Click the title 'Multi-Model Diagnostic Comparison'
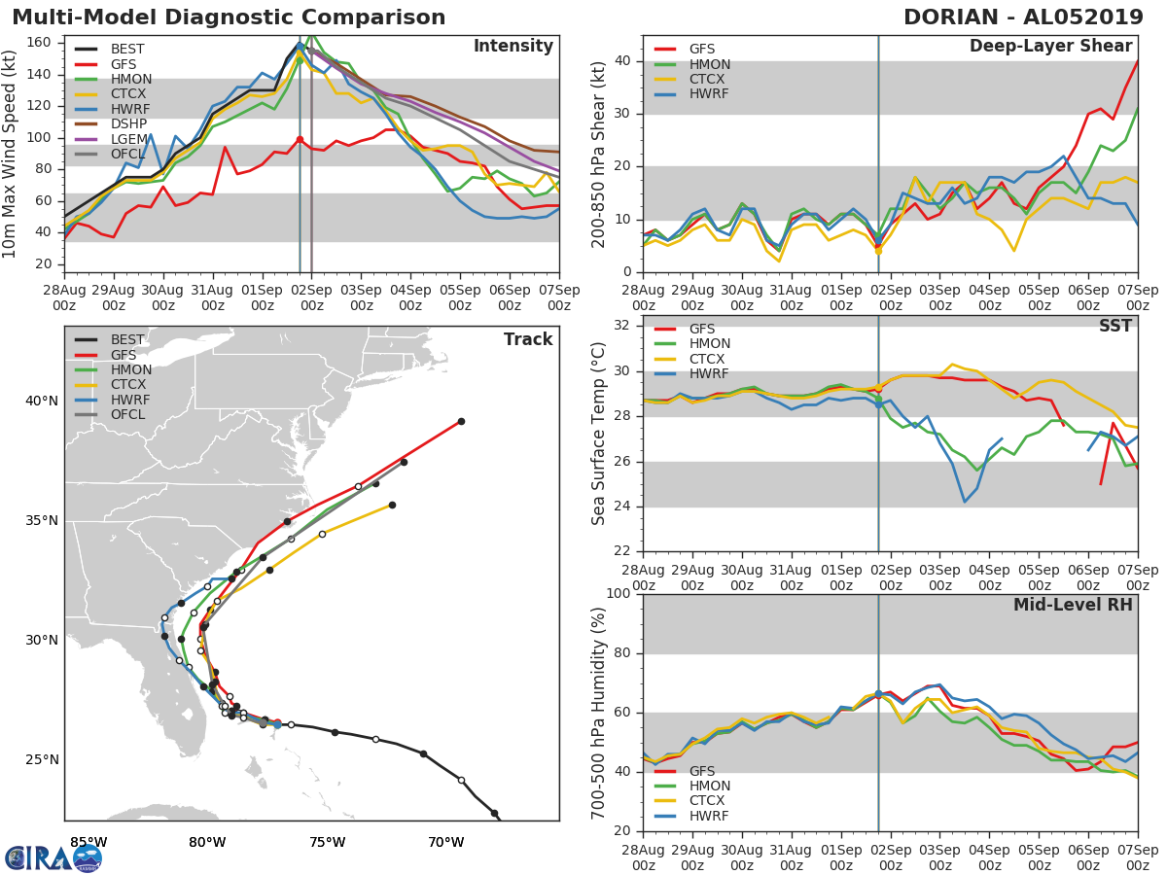[229, 17]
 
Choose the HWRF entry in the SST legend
[709, 374]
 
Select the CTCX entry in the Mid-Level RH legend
[709, 801]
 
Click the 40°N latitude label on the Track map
[42, 401]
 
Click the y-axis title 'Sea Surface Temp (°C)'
[598, 434]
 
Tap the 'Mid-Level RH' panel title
[1073, 605]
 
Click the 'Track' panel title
[528, 339]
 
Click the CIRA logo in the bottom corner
[53, 857]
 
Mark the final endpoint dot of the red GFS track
[461, 421]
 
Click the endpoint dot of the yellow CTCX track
[392, 505]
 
